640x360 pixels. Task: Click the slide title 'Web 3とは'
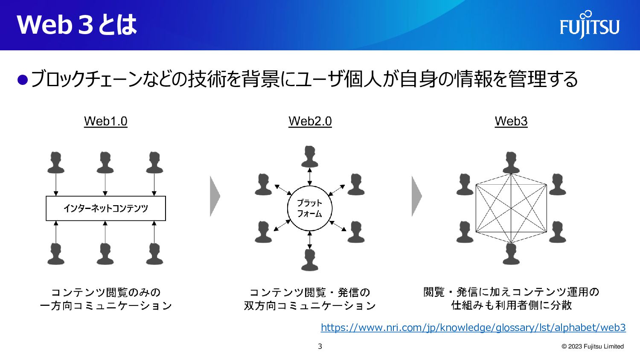[x=77, y=25]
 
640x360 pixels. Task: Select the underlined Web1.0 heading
[x=105, y=121]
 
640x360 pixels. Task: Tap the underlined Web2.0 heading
[x=310, y=121]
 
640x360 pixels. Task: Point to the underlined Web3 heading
[x=511, y=121]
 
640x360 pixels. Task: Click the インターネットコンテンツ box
[x=105, y=208]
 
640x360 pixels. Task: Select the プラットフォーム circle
[x=309, y=208]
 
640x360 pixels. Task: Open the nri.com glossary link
[x=473, y=328]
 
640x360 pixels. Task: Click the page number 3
[x=320, y=346]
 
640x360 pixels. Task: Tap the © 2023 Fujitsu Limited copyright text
[x=593, y=346]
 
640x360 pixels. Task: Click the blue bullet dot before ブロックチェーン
[x=22, y=79]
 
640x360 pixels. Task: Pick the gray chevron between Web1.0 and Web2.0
[x=215, y=196]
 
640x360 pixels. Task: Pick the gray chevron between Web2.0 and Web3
[x=416, y=196]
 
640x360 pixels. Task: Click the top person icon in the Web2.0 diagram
[x=310, y=157]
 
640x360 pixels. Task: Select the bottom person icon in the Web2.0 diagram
[x=310, y=259]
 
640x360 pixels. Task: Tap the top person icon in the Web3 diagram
[x=511, y=162]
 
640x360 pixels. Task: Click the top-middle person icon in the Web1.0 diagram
[x=105, y=163]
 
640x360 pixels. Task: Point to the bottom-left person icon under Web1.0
[x=56, y=254]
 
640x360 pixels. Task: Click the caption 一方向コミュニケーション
[x=105, y=306]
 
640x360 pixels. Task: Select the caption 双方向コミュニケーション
[x=310, y=306]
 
